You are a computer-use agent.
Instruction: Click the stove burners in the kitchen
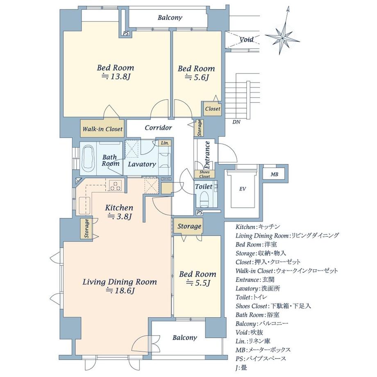116,185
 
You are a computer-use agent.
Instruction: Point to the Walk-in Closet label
103,129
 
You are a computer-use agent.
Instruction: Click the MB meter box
274,174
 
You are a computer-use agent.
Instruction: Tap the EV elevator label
242,189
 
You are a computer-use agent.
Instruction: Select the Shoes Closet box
204,174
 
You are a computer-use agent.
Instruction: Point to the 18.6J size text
120,291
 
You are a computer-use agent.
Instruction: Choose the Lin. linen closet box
165,143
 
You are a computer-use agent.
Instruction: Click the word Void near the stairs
246,39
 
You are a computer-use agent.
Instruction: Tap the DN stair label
236,122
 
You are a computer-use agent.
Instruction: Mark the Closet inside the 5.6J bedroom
213,109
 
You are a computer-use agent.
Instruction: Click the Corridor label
158,128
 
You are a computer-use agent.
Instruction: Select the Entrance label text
207,155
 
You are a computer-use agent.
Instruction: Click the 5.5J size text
198,283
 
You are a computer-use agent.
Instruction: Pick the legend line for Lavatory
258,288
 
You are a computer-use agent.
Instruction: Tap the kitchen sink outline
84,206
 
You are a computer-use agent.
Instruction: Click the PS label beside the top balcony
126,34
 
